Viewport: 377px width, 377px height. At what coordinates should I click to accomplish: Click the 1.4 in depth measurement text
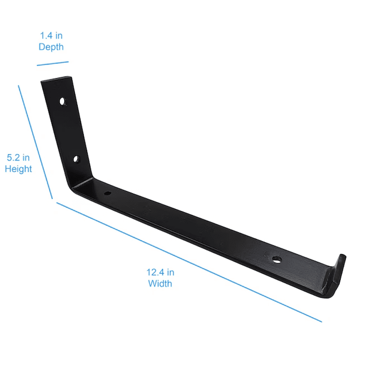click(x=51, y=35)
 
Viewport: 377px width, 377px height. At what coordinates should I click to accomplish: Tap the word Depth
click(x=51, y=47)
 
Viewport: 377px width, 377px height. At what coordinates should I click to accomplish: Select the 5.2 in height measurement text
click(x=18, y=157)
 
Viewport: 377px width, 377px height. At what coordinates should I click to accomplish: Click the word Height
click(x=18, y=169)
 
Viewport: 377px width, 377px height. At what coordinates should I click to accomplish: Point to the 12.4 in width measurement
click(x=160, y=272)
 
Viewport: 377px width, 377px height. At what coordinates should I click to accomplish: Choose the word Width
click(x=160, y=284)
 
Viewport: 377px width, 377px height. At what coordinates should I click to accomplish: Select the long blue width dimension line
click(x=188, y=262)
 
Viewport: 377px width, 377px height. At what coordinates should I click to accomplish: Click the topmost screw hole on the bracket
click(x=63, y=101)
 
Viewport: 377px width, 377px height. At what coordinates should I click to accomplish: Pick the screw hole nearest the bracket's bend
click(x=107, y=193)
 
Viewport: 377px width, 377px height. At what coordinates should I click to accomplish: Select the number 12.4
click(x=154, y=272)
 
